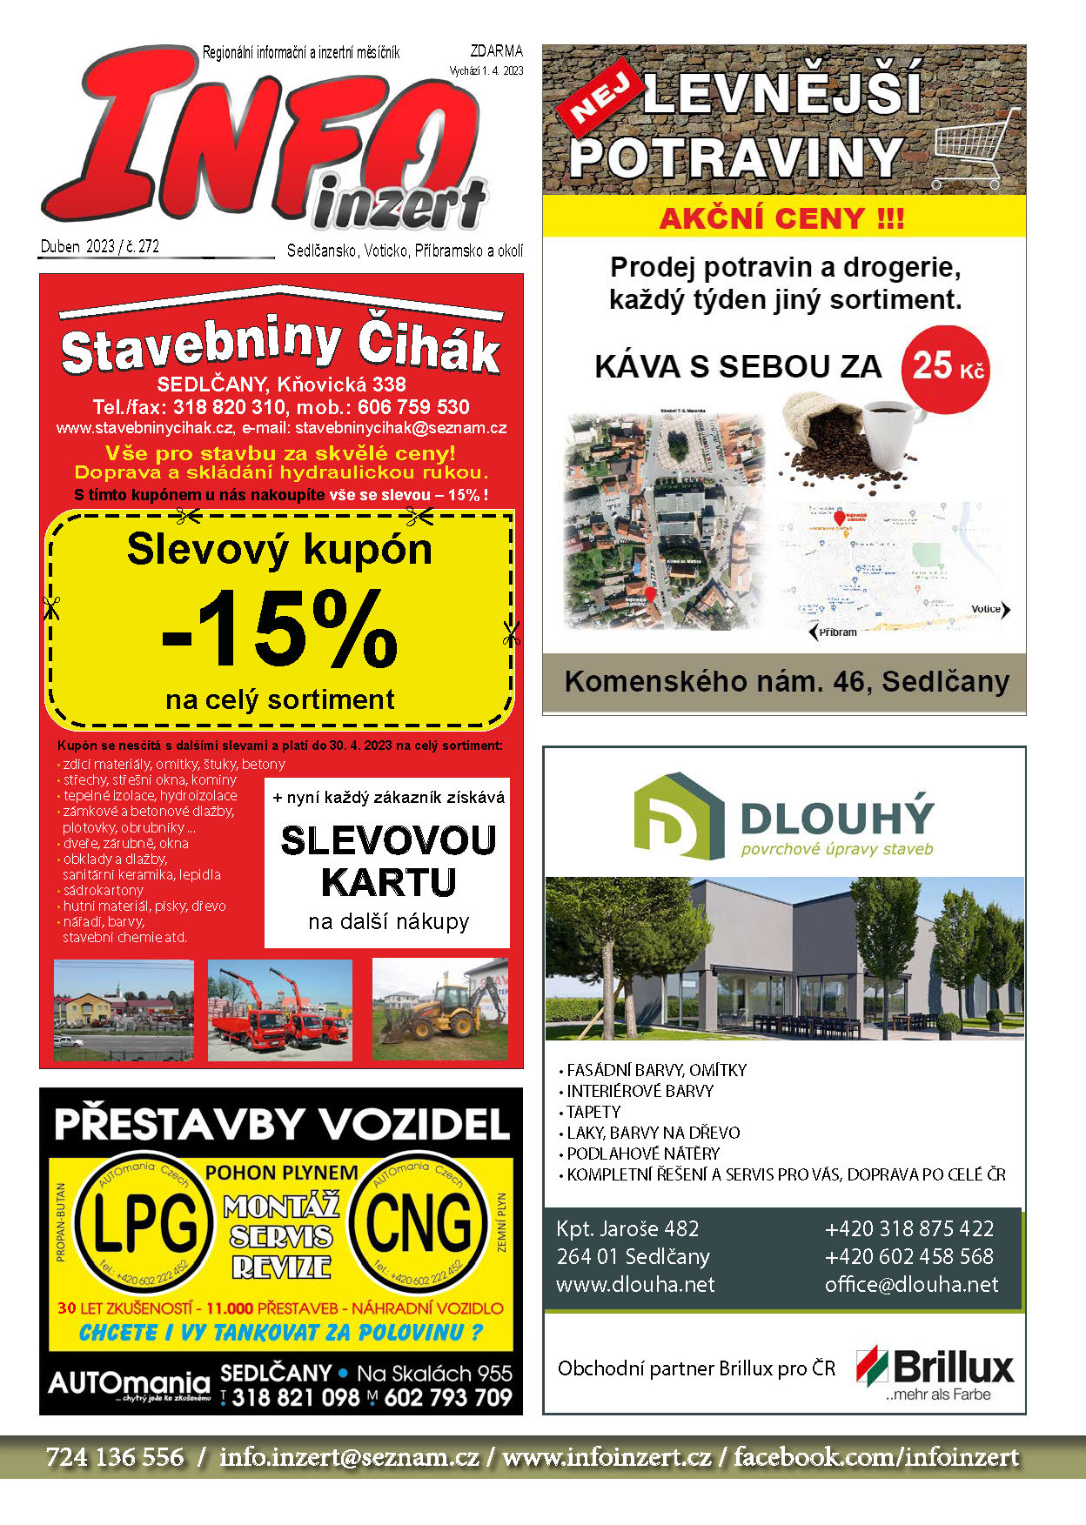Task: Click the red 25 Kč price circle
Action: tap(946, 369)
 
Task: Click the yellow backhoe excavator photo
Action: tap(439, 1009)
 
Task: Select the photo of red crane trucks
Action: tap(280, 1010)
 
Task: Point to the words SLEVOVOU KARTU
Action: tap(388, 861)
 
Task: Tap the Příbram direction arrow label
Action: tap(833, 632)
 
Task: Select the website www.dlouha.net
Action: tap(635, 1285)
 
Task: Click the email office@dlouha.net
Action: tap(911, 1285)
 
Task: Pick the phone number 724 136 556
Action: tap(115, 1457)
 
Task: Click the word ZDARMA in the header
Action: tap(496, 51)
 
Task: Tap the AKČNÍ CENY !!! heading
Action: tap(781, 217)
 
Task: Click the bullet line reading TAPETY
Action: tap(593, 1112)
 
